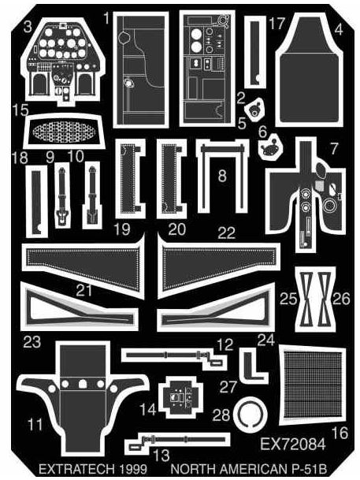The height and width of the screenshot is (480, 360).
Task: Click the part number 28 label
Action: tap(221, 415)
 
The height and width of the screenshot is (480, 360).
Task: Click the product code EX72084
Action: tap(293, 445)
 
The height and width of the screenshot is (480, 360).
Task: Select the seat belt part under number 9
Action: tap(62, 195)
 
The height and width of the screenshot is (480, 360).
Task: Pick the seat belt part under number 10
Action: tap(91, 195)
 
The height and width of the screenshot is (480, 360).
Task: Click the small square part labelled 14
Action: tap(181, 397)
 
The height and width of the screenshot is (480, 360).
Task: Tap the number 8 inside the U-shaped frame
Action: tap(222, 176)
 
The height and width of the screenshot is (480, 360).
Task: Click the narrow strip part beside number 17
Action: tap(255, 51)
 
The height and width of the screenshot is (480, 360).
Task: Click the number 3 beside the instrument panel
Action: tap(28, 26)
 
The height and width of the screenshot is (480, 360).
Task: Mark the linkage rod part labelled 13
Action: tap(177, 441)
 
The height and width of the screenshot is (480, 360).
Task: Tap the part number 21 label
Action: tap(84, 290)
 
